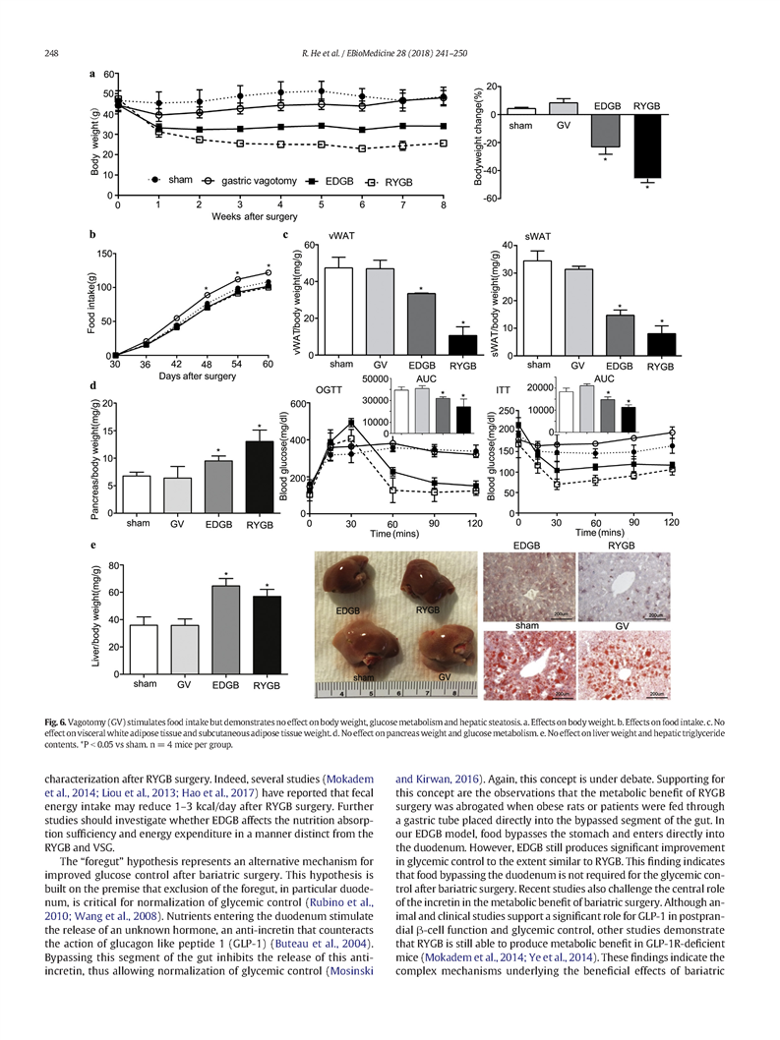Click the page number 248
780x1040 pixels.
coord(50,52)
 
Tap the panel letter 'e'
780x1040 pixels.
coord(91,544)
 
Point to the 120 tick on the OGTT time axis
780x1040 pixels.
coord(475,522)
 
